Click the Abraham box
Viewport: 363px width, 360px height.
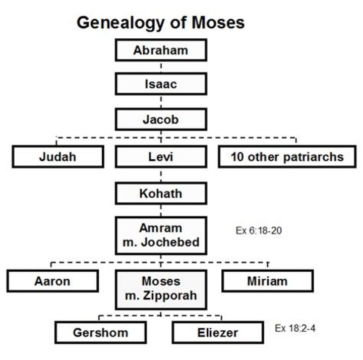pyautogui.click(x=161, y=51)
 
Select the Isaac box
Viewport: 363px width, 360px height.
pyautogui.click(x=161, y=84)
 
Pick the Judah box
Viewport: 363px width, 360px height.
pyautogui.click(x=57, y=157)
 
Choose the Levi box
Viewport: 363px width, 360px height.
pyautogui.click(x=161, y=157)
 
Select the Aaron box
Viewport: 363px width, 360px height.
pyautogui.click(x=52, y=281)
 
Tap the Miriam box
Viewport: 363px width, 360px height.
pyautogui.click(x=267, y=281)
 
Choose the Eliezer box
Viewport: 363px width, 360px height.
pyautogui.click(x=217, y=333)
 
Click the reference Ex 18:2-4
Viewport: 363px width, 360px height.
pyautogui.click(x=295, y=329)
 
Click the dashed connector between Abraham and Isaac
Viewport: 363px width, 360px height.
pyautogui.click(x=161, y=67)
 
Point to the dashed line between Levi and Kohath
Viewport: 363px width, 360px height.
pyautogui.click(x=161, y=175)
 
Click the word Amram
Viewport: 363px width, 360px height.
pyautogui.click(x=161, y=227)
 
